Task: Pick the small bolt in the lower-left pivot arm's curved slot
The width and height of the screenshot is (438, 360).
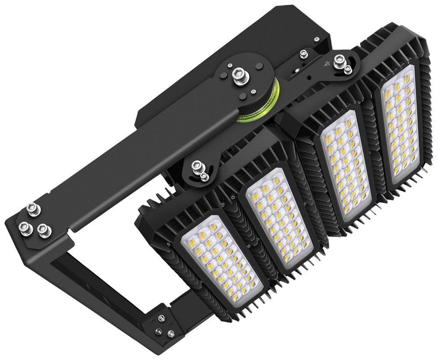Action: pos(204,176)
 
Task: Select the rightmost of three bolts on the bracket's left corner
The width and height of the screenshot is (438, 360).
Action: pos(43,230)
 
